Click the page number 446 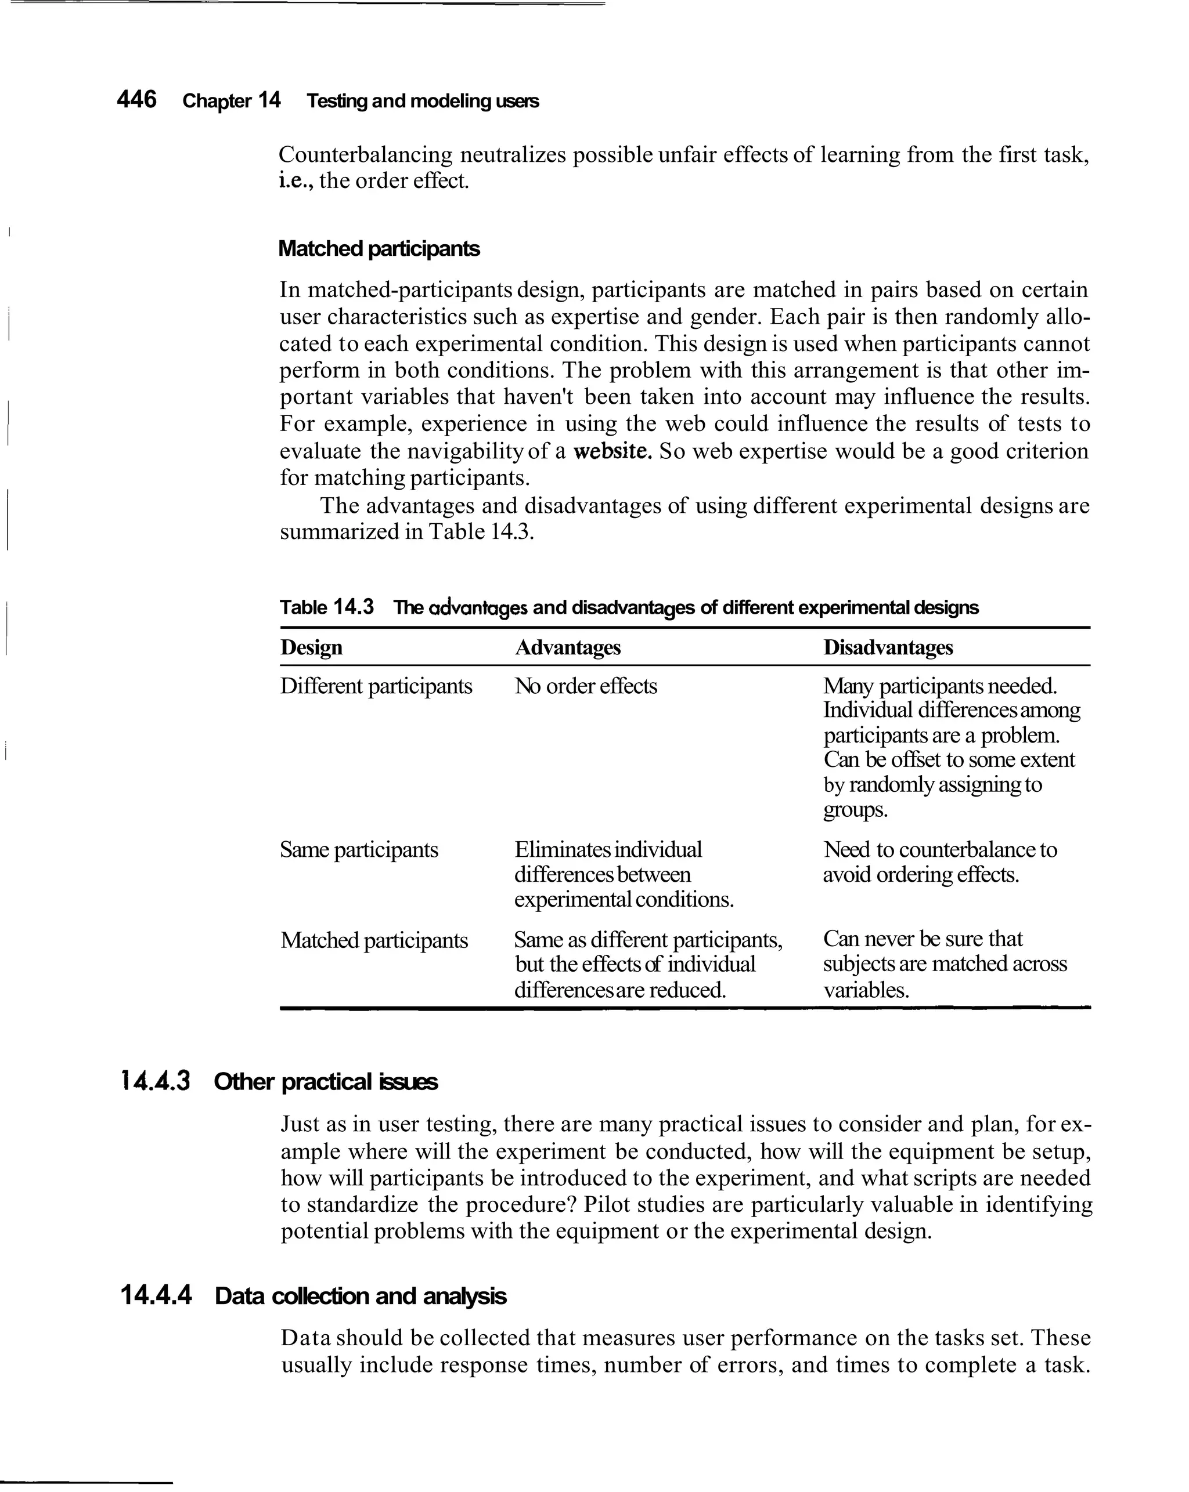(136, 100)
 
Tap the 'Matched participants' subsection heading (378, 248)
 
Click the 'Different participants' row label (376, 686)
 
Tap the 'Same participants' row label (359, 849)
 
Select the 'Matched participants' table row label (374, 940)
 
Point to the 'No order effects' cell (585, 686)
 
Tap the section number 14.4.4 (156, 1295)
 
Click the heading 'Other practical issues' (326, 1082)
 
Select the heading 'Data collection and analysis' (360, 1296)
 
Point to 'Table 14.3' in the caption (326, 607)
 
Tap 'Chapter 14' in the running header (231, 101)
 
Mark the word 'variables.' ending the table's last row (866, 990)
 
